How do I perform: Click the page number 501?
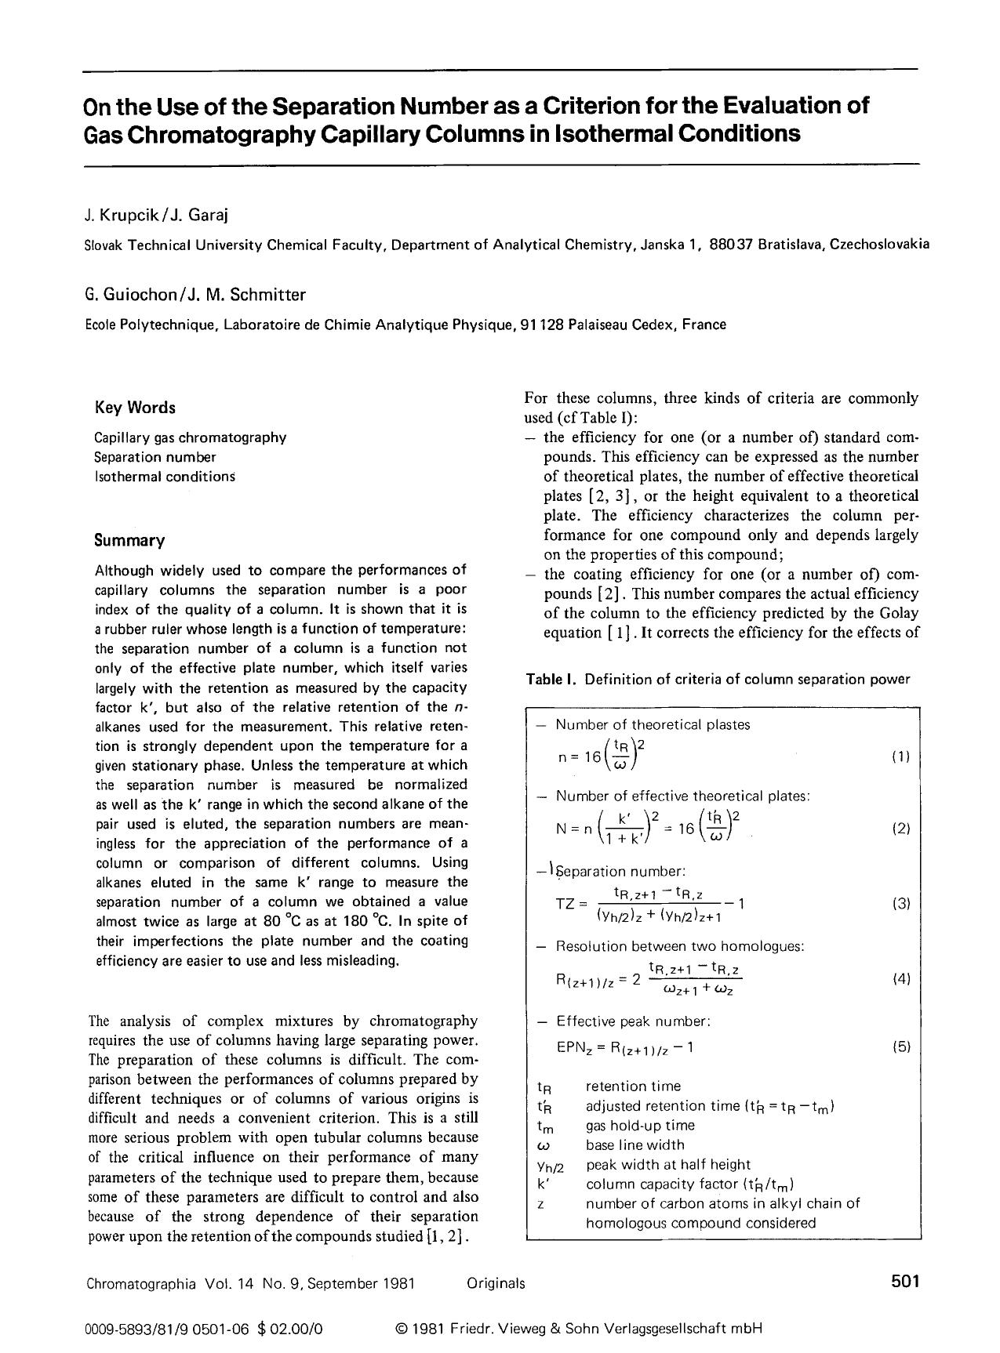pos(904,1281)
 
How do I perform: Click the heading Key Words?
pos(135,408)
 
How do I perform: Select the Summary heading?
pos(129,540)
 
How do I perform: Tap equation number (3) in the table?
pos(901,903)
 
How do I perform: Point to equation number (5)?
pos(901,1046)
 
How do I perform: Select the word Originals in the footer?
pos(496,1283)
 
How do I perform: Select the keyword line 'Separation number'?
pos(155,456)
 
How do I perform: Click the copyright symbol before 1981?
pos(402,1329)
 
